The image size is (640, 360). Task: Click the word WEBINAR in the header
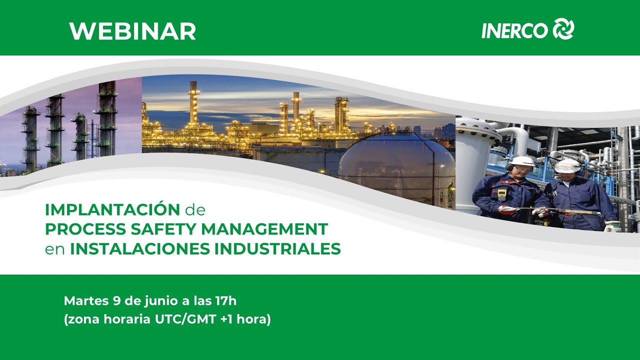point(132,31)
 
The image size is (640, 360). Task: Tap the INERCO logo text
point(514,30)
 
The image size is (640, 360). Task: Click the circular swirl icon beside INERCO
point(563,28)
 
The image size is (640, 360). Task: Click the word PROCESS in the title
point(85,229)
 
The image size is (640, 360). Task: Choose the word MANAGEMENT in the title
point(265,229)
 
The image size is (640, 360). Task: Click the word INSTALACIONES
point(140,249)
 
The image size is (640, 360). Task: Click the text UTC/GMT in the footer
point(185,319)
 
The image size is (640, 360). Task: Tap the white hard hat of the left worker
point(521,161)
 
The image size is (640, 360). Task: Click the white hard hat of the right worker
point(567,165)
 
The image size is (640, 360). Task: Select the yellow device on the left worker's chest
point(501,194)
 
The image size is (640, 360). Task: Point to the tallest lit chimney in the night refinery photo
point(193,103)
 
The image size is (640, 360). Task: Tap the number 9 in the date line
point(116,301)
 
